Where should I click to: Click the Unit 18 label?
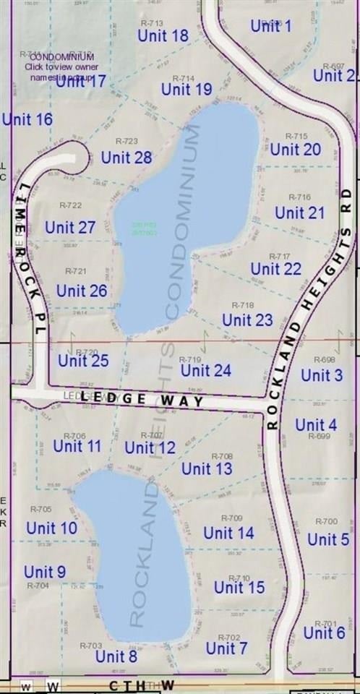click(x=163, y=35)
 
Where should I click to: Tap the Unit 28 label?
click(x=127, y=158)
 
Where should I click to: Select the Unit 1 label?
click(x=271, y=26)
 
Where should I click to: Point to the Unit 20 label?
click(x=295, y=150)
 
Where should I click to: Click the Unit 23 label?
click(x=247, y=320)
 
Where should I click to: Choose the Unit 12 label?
click(x=150, y=448)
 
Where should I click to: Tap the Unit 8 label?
click(x=116, y=656)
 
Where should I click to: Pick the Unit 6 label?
click(x=324, y=633)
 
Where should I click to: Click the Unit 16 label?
click(x=27, y=119)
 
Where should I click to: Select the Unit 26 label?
click(x=82, y=291)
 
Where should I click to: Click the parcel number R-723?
click(x=127, y=142)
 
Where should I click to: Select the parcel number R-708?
click(x=222, y=456)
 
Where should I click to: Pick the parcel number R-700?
click(x=327, y=521)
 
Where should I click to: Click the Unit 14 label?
click(x=228, y=533)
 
